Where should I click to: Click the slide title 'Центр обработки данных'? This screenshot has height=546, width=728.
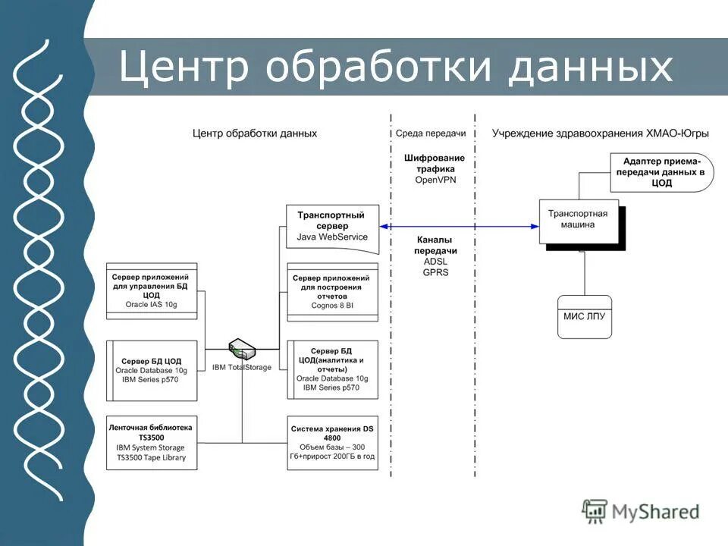pos(395,67)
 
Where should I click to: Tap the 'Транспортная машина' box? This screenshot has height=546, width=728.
pos(579,221)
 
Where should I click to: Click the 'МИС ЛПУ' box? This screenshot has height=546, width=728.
pos(584,315)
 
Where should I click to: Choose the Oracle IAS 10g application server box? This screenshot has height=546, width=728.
pos(152,291)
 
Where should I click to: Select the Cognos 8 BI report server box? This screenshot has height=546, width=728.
pos(332,292)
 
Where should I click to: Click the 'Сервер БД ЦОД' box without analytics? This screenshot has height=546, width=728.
pos(152,369)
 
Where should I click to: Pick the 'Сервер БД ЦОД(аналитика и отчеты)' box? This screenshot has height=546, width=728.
pos(332,369)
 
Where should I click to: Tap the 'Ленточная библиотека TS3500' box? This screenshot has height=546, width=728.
pos(152,442)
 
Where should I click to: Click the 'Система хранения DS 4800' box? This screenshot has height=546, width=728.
pos(332,442)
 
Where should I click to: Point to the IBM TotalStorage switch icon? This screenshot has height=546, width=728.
pos(243,350)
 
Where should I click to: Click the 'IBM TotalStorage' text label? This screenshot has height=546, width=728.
pos(242,368)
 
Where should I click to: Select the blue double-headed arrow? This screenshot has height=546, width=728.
pos(459,226)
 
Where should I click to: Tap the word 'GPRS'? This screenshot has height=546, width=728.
pos(435,271)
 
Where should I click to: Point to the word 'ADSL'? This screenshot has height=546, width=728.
pos(435,261)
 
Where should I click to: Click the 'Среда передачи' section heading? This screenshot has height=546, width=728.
pos(430,133)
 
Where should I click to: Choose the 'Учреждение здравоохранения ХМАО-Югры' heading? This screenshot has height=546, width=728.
pos(600,133)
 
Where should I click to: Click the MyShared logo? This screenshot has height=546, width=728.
pos(641,511)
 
